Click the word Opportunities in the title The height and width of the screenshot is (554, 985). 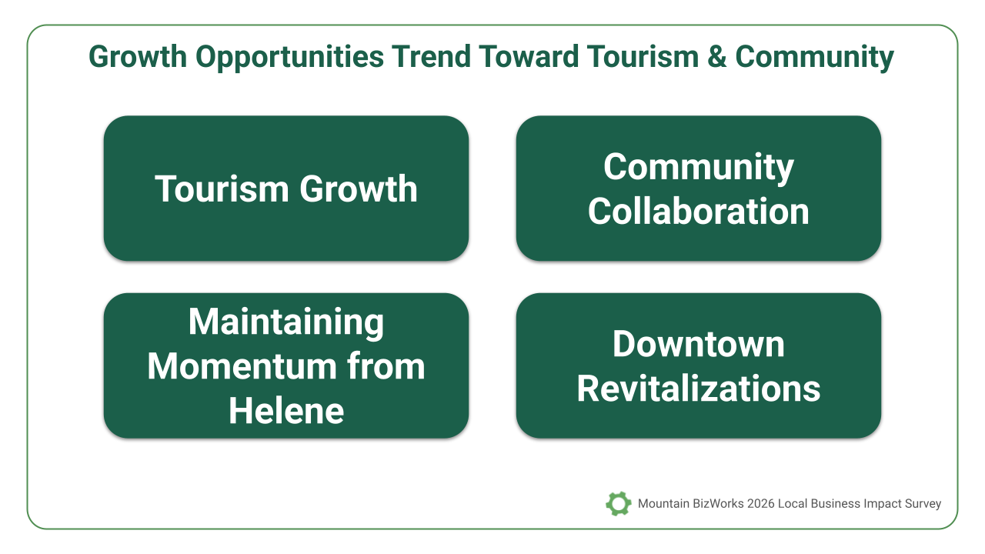[x=290, y=57]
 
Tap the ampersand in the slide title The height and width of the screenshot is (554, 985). [x=716, y=57]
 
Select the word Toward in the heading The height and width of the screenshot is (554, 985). [x=529, y=57]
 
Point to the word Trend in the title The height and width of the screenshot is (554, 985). [x=432, y=57]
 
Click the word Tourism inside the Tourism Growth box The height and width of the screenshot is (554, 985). [x=222, y=189]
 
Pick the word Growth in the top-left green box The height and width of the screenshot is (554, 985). [x=359, y=189]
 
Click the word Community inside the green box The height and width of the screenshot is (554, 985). [x=698, y=167]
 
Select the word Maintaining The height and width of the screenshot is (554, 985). [x=286, y=322]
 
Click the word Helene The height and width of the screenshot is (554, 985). [x=286, y=411]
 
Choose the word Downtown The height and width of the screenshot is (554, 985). [x=698, y=344]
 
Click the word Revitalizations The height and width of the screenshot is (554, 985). [x=698, y=389]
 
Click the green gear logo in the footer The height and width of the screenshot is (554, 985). [x=618, y=503]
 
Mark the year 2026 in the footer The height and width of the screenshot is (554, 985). [x=760, y=503]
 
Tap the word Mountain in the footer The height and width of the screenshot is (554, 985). [x=663, y=503]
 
